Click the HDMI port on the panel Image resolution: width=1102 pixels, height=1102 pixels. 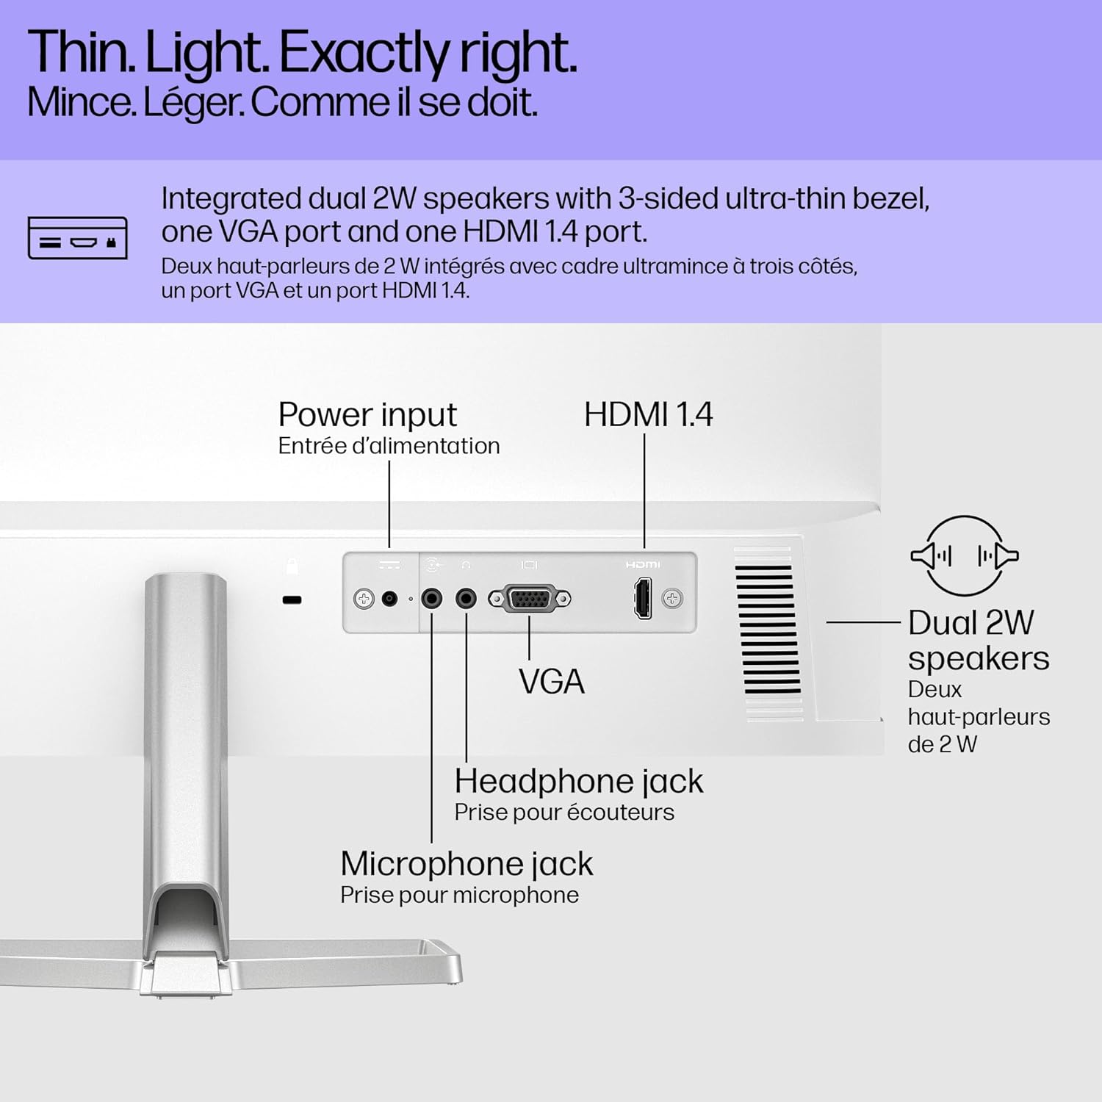coord(643,599)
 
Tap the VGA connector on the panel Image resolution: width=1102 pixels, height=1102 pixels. coord(529,599)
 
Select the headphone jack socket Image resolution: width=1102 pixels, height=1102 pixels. coord(466,599)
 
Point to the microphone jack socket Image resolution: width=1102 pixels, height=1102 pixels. coord(432,599)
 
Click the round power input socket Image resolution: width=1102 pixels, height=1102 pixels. coord(390,599)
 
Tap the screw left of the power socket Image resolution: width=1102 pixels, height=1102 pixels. coord(364,599)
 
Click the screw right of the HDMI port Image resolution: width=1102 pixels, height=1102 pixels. coord(672,599)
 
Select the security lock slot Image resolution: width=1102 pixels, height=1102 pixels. coord(292,600)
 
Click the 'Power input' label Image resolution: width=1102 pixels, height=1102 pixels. coord(367,415)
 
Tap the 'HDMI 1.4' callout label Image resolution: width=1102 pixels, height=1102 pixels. coord(648,414)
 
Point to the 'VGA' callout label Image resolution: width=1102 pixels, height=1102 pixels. coord(552,682)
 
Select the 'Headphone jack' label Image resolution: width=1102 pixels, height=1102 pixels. coord(579,782)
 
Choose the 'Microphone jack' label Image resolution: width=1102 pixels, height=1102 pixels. coord(467,865)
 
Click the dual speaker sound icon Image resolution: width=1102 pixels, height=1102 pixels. coord(965,555)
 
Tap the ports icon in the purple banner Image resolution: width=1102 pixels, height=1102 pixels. coord(77,238)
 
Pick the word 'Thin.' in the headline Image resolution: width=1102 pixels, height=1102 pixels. coord(82,53)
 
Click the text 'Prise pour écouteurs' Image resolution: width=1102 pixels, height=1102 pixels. coord(564,813)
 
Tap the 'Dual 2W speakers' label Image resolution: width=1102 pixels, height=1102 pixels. coord(979,641)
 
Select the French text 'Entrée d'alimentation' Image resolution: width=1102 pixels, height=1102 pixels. coord(389,446)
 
